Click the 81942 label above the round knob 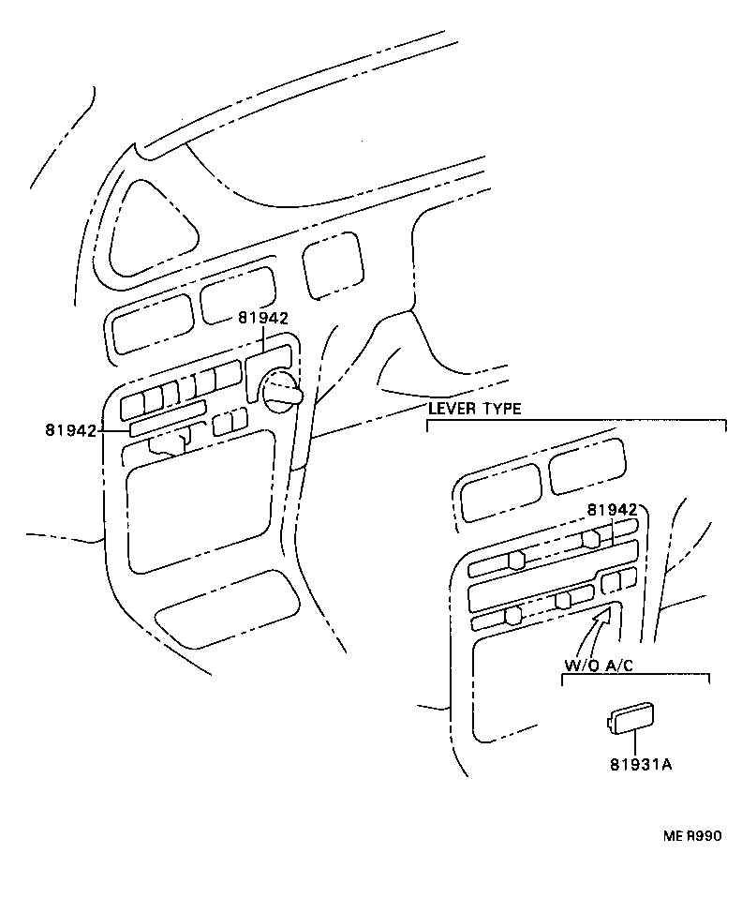(262, 319)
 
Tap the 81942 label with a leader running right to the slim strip (70, 430)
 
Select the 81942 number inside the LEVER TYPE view (612, 510)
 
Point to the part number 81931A (640, 764)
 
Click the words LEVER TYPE (474, 409)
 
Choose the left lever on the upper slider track (515, 560)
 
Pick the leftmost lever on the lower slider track (512, 616)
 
